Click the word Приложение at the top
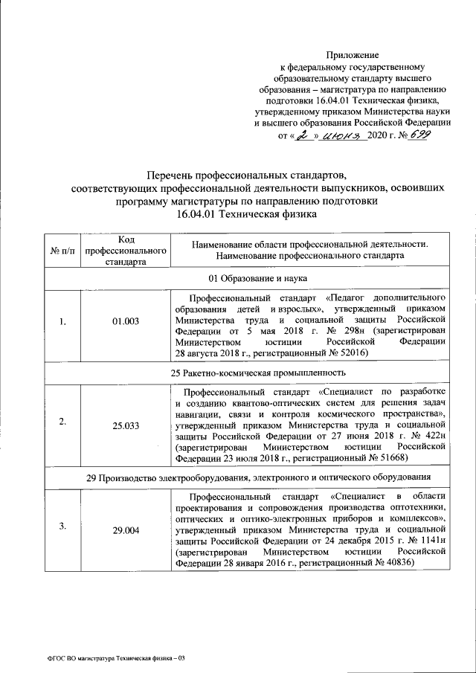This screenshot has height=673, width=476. tap(353, 55)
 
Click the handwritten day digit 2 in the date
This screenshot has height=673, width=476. tap(303, 136)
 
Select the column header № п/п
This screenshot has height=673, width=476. tap(63, 250)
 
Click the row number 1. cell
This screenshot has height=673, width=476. tap(63, 321)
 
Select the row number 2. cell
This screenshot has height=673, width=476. tap(63, 422)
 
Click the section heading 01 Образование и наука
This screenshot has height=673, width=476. tap(256, 278)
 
